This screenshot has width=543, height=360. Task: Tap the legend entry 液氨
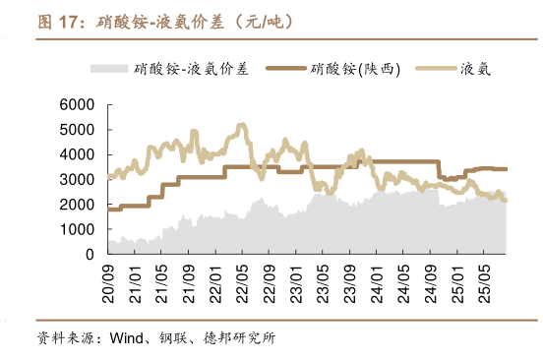[475, 69]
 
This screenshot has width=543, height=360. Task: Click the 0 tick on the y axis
[89, 254]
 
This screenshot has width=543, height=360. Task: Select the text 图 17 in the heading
[58, 21]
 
